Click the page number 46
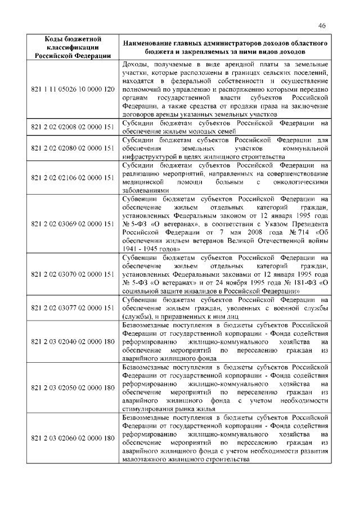click(x=321, y=25)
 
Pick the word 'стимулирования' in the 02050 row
click(x=148, y=409)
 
